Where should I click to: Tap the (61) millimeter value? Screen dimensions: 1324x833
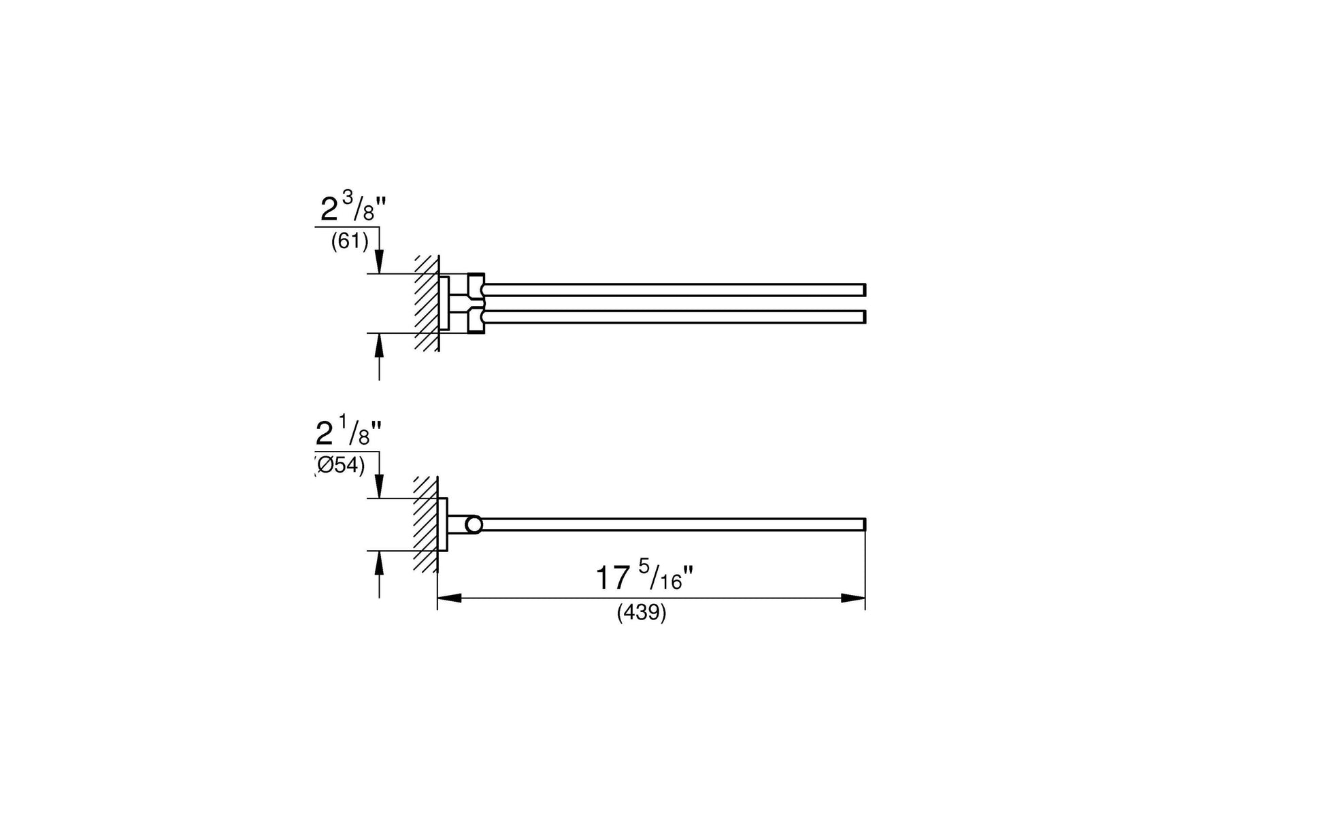coord(350,241)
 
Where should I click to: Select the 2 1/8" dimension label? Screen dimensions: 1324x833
coord(348,432)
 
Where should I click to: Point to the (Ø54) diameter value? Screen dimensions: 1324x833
coord(340,466)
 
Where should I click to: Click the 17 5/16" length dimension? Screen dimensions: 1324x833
coord(644,577)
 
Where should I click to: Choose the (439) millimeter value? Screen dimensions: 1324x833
coord(642,613)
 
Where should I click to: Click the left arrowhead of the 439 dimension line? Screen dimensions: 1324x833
coord(450,598)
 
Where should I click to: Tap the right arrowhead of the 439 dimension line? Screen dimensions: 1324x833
coord(853,598)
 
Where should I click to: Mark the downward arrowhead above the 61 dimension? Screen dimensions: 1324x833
coord(380,262)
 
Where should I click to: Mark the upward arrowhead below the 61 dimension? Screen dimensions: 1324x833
coord(380,345)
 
